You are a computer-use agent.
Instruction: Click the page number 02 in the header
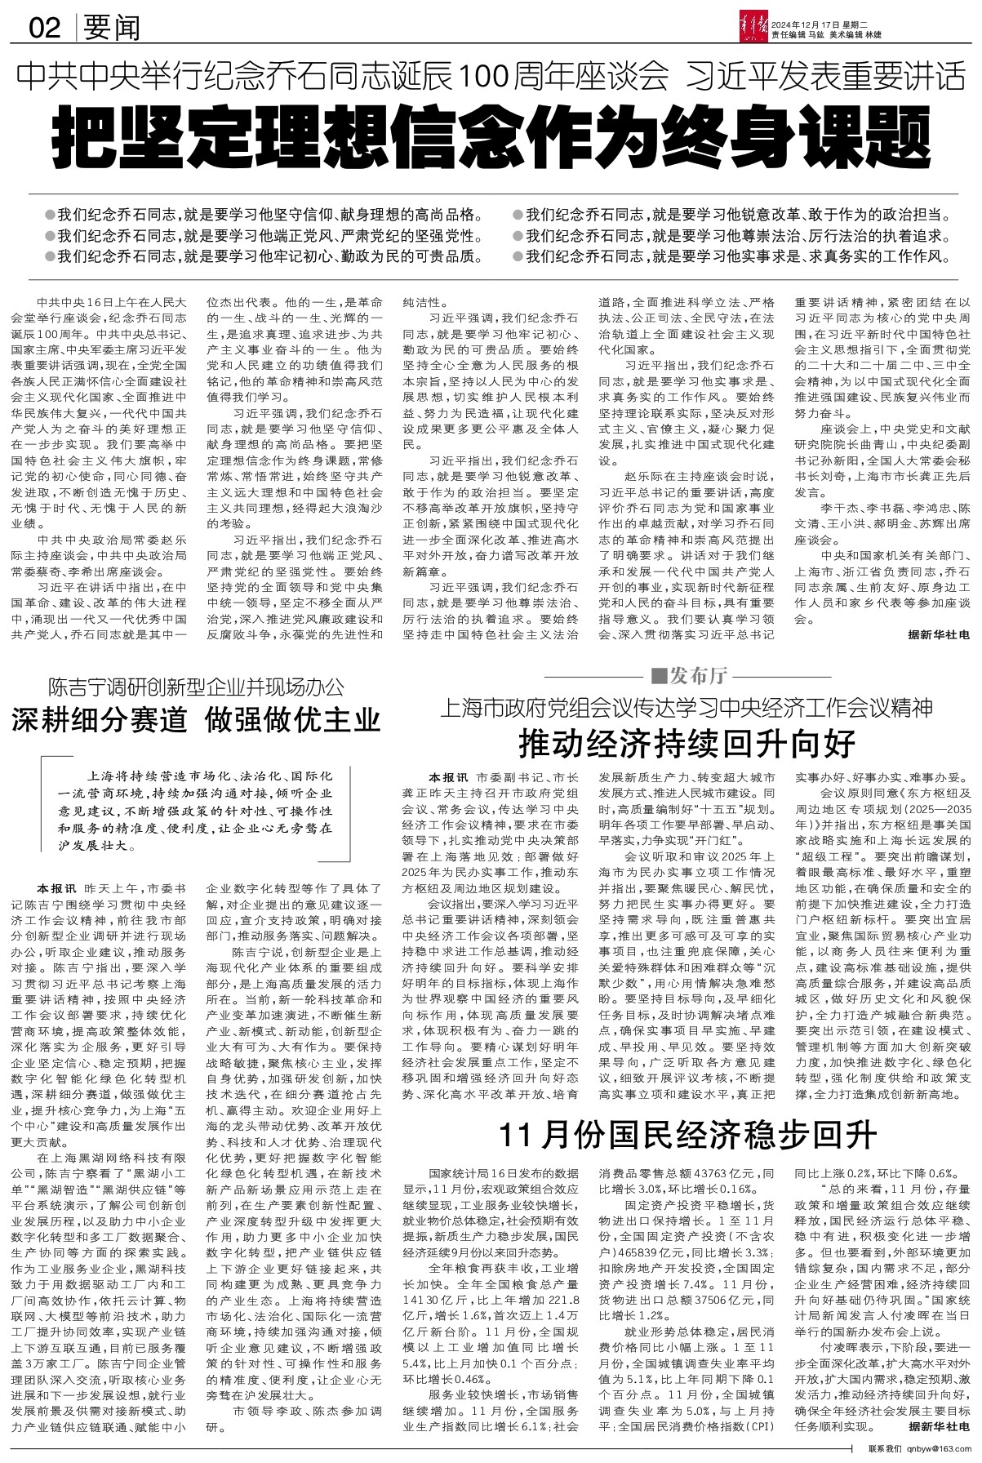(x=44, y=29)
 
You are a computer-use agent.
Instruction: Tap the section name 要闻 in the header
(x=111, y=29)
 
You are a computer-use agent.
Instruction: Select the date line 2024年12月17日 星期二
(x=826, y=23)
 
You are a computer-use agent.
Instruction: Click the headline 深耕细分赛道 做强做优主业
(x=195, y=720)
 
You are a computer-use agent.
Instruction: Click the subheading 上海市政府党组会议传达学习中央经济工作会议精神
(x=686, y=707)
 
